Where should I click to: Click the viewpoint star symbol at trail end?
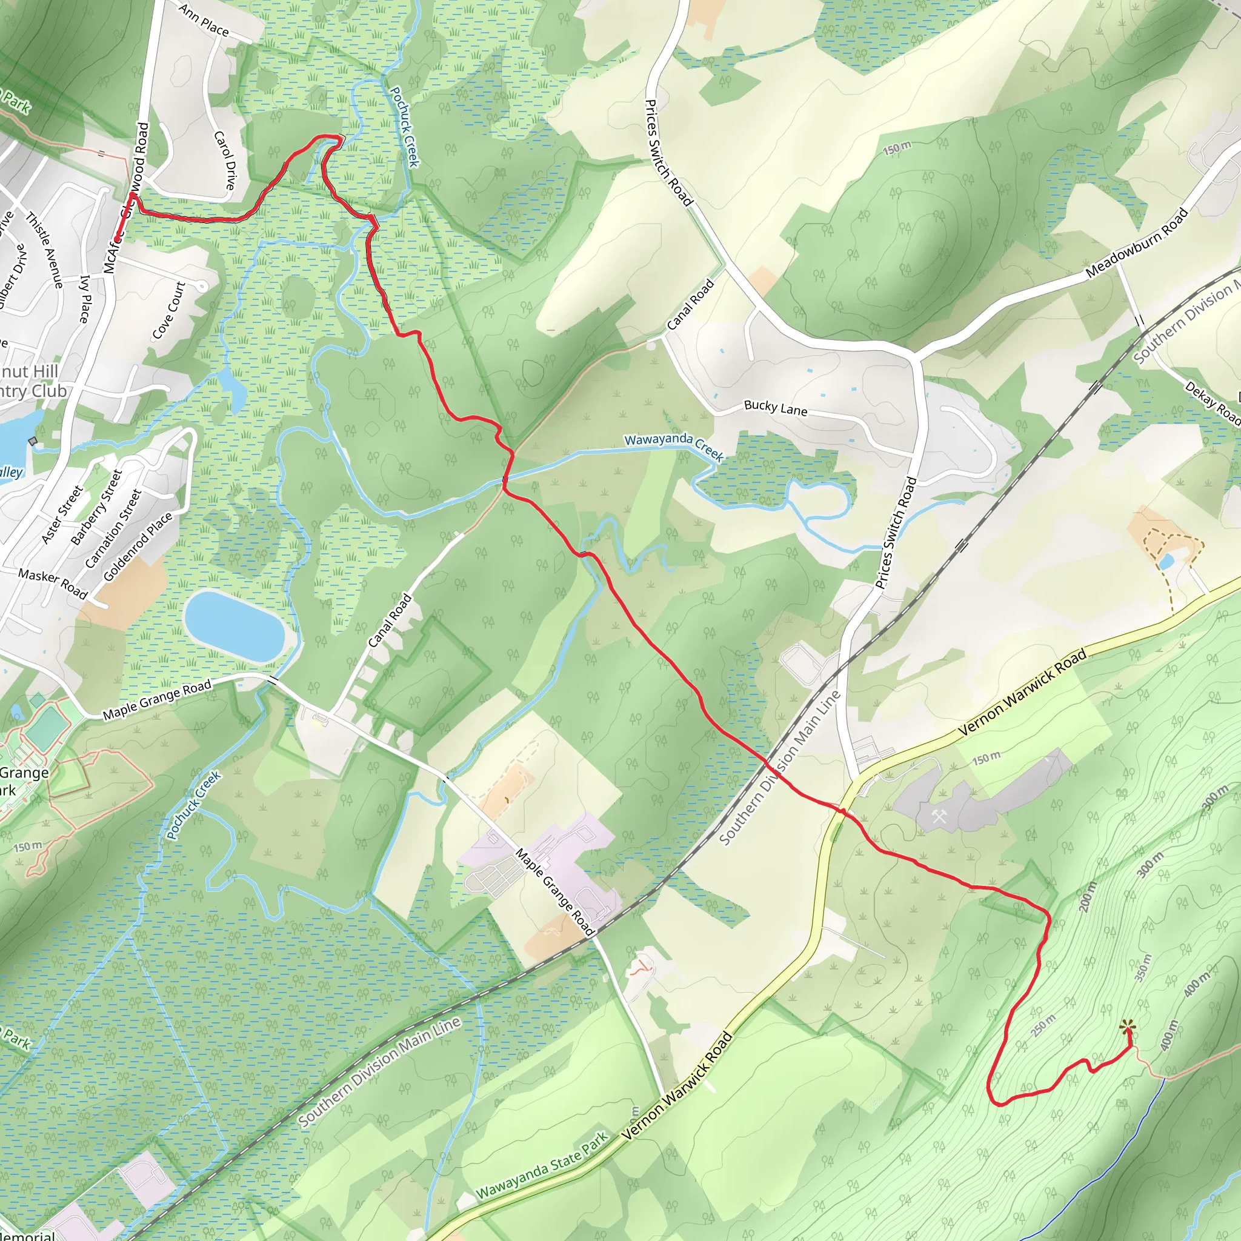(x=1126, y=1028)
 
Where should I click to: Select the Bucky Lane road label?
(x=775, y=408)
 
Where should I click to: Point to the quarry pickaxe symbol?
(x=939, y=817)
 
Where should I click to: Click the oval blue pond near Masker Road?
(x=234, y=627)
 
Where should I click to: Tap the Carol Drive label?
(x=225, y=160)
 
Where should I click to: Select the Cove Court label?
(x=169, y=310)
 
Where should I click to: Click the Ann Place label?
(x=204, y=20)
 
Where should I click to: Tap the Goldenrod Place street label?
(x=138, y=547)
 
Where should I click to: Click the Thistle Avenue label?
(x=44, y=250)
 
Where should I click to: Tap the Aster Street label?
(x=62, y=514)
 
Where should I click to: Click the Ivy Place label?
(x=85, y=299)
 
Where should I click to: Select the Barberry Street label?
(x=96, y=507)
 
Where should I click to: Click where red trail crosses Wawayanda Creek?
(x=505, y=479)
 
